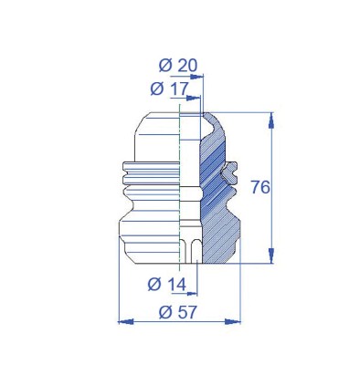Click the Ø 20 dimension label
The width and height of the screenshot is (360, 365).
tap(178, 65)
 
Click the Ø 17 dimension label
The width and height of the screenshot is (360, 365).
tap(170, 89)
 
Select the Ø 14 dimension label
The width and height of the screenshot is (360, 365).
tap(167, 285)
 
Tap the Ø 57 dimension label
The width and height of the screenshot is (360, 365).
tap(178, 312)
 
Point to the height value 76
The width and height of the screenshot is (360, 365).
tap(260, 187)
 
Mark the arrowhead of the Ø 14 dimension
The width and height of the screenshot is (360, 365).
tap(192, 294)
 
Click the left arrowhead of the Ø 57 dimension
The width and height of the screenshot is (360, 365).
tap(125, 321)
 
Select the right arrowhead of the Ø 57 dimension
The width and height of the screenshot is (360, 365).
tap(233, 321)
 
